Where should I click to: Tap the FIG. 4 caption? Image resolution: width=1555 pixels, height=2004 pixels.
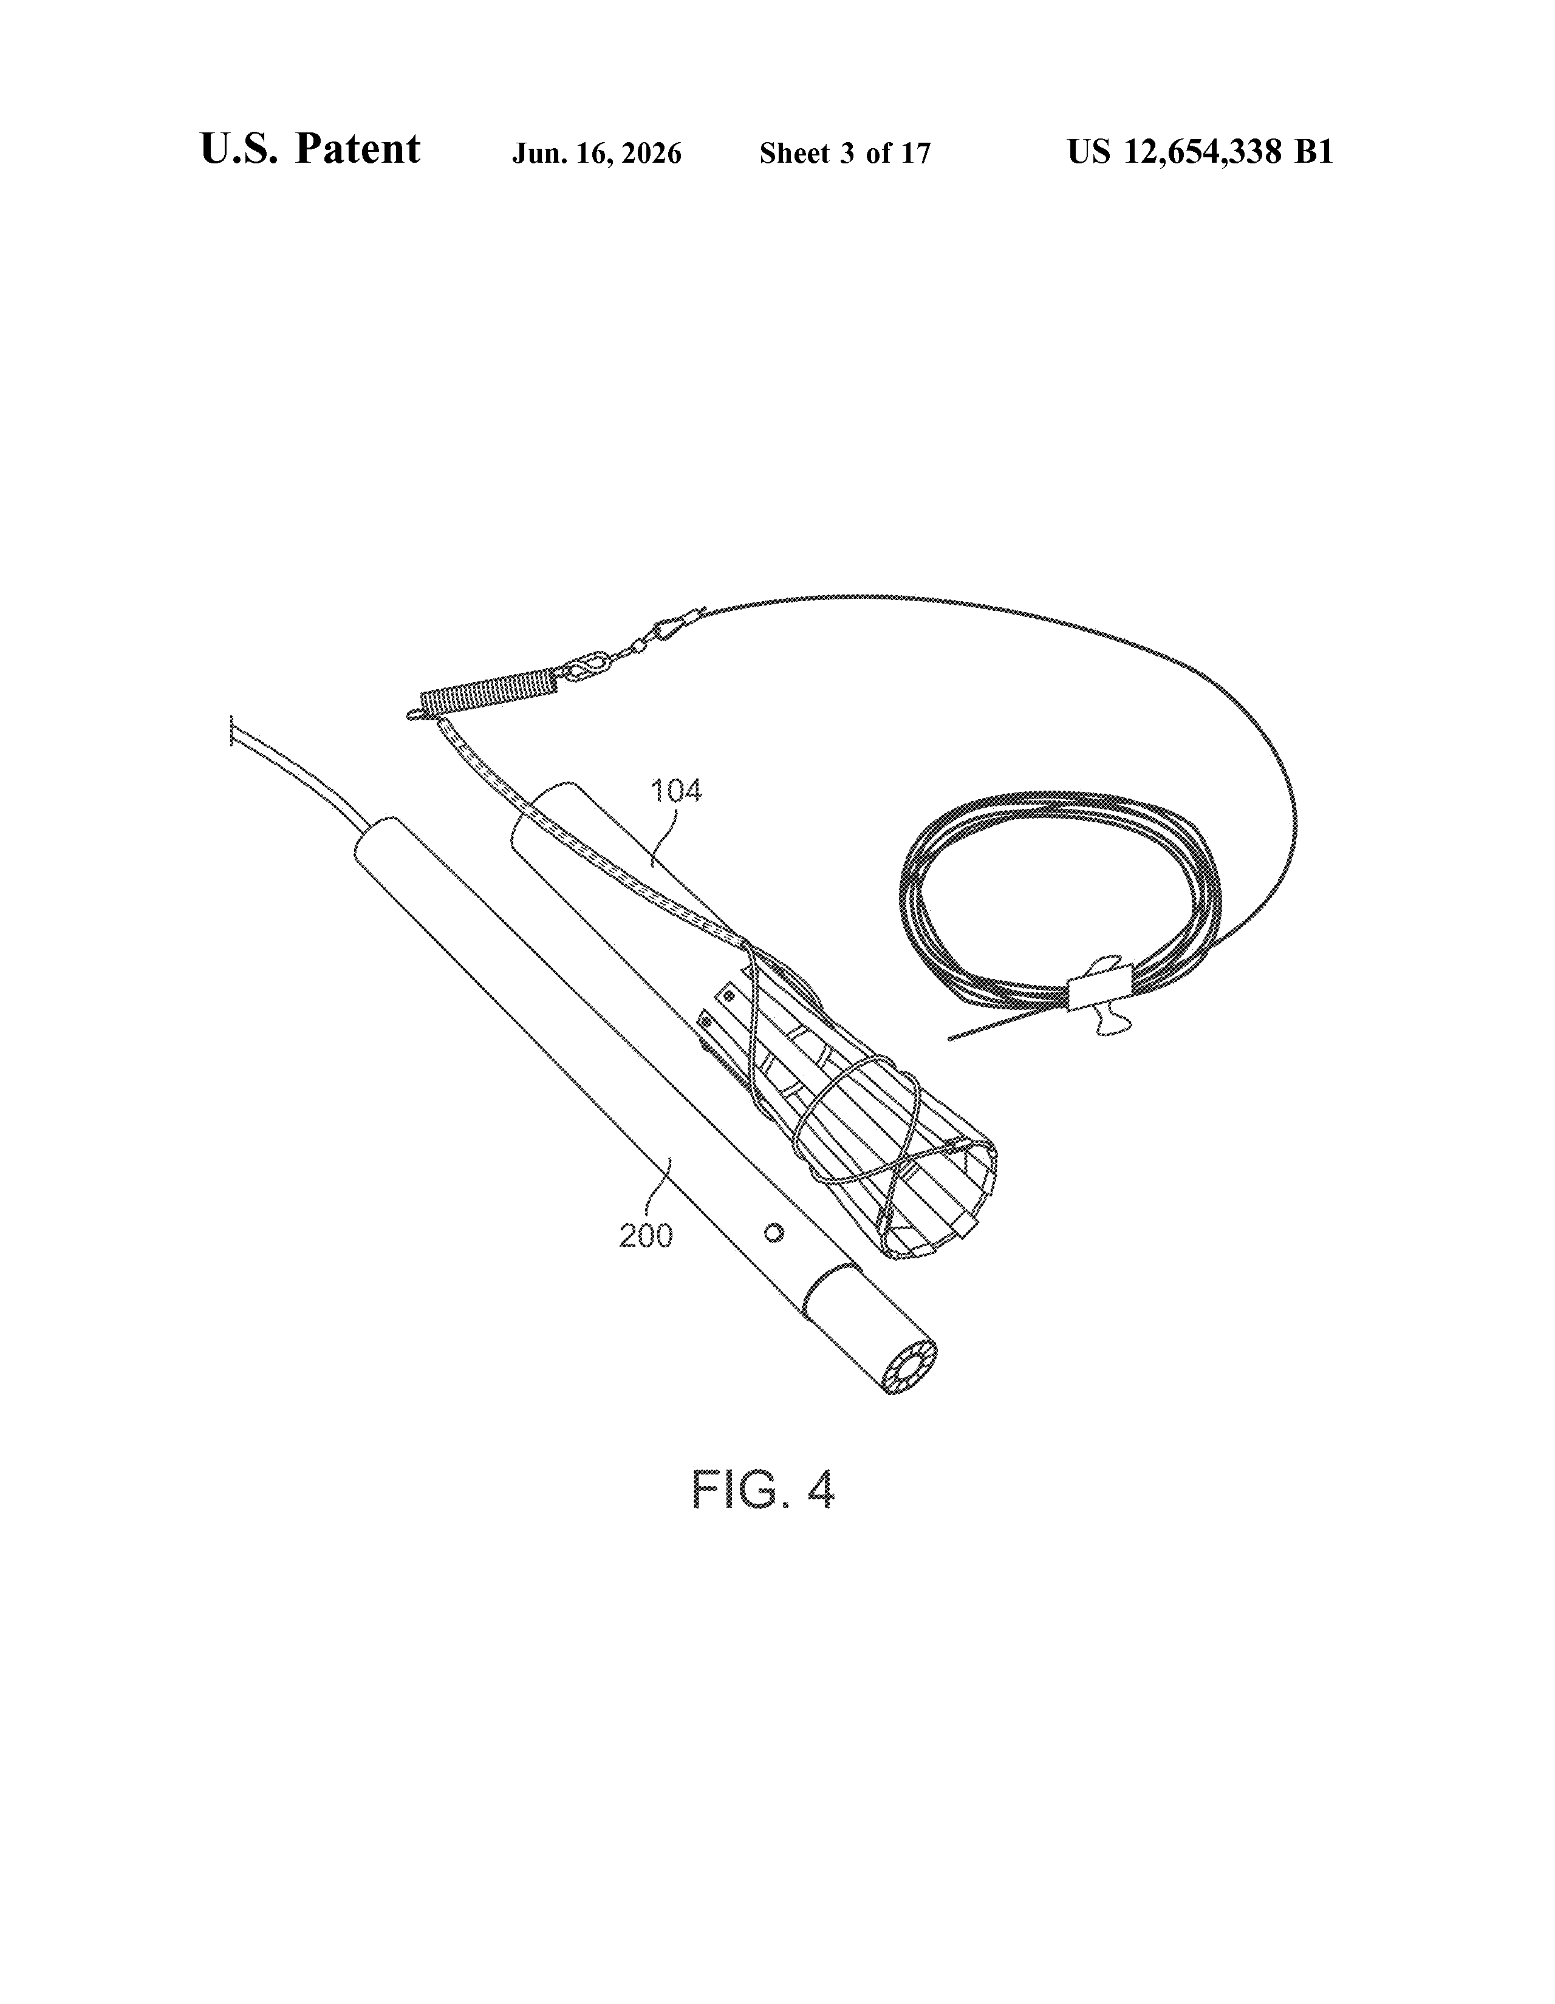(x=763, y=1490)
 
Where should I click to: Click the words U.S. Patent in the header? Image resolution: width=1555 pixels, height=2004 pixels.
(x=310, y=149)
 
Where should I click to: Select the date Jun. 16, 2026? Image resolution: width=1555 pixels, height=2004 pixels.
(x=596, y=153)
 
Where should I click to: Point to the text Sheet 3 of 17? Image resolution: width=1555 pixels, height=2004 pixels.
(x=844, y=153)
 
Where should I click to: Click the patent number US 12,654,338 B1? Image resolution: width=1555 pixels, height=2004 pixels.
(x=1200, y=151)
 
